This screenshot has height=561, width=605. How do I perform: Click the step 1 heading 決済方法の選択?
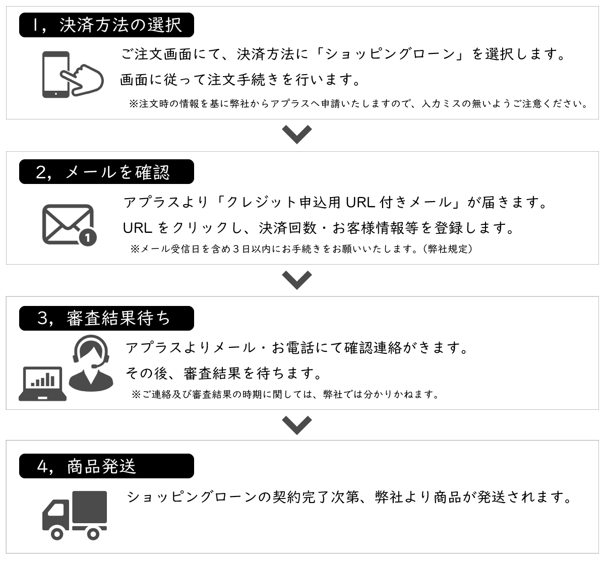(121, 25)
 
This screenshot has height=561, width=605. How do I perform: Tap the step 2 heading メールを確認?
(117, 172)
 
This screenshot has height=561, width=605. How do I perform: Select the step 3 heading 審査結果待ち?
(118, 318)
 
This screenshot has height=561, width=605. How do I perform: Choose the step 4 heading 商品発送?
(101, 466)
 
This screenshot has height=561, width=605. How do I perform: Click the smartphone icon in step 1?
(56, 75)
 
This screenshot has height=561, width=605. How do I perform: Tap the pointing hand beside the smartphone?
(82, 80)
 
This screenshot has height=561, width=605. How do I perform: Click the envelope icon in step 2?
(68, 224)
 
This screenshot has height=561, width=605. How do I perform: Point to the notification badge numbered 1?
(88, 237)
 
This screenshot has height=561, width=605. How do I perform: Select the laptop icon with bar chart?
(43, 384)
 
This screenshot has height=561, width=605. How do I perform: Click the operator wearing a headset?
(91, 363)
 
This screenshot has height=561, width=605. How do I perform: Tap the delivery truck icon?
(75, 515)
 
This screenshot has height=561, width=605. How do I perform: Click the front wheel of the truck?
(57, 534)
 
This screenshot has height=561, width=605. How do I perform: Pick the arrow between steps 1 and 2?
(297, 134)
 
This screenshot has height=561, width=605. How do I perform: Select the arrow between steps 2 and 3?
(297, 280)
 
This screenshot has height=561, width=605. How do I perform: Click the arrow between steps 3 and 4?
(297, 425)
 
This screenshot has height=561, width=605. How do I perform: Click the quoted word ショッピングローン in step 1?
(390, 54)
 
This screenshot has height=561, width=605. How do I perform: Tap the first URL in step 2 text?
(360, 202)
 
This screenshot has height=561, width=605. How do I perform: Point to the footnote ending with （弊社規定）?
(301, 249)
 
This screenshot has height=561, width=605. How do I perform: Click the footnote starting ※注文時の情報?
(358, 104)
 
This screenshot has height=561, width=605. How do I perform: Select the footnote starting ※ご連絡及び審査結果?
(285, 394)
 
